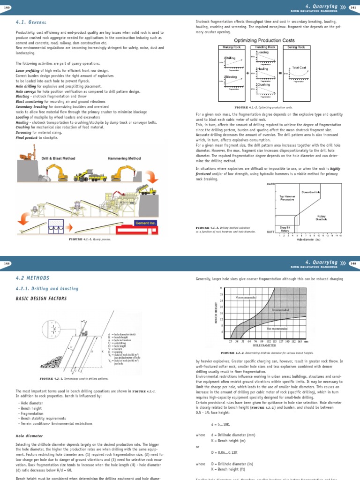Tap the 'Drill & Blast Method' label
point(59,158)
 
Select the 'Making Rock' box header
point(233,47)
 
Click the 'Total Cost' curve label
point(299,68)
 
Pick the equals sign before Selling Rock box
point(279,73)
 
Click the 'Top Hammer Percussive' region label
point(287,198)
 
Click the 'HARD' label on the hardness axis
point(270,184)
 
